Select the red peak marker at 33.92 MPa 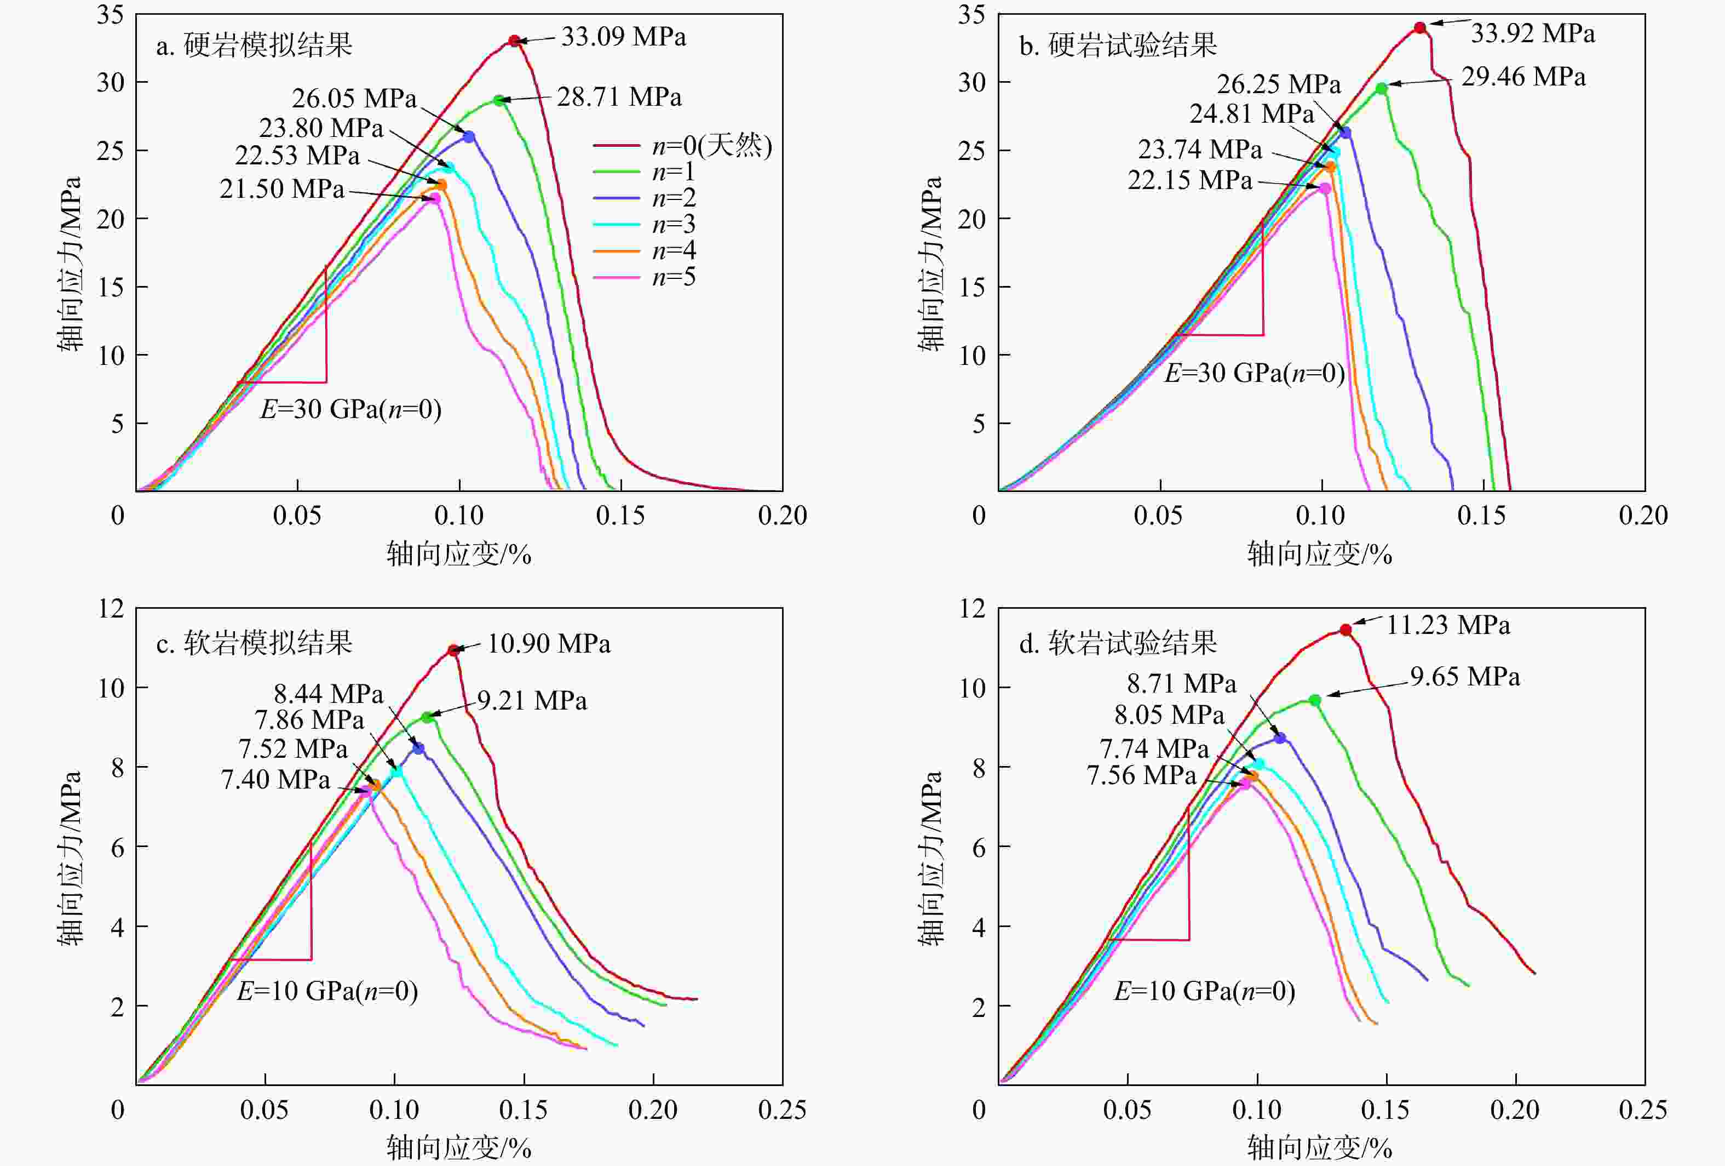[x=1419, y=27]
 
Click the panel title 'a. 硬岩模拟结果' [x=254, y=46]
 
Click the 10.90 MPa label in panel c [x=549, y=643]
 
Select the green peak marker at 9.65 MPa [x=1314, y=700]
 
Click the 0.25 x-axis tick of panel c [x=781, y=1110]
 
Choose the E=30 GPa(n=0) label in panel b [x=1255, y=373]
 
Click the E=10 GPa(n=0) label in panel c [x=327, y=991]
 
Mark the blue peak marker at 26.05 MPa [x=468, y=136]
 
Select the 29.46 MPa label [x=1523, y=77]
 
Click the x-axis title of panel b [x=1319, y=554]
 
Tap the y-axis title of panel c [x=70, y=858]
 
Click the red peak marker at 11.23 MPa [x=1345, y=630]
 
